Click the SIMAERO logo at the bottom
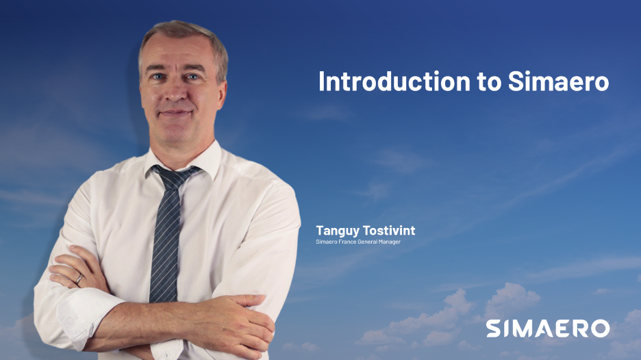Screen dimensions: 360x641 click(548, 328)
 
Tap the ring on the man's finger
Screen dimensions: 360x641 click(79, 279)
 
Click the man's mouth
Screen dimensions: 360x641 click(176, 112)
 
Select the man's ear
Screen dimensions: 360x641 click(223, 82)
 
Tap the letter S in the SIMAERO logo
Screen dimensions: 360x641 click(494, 328)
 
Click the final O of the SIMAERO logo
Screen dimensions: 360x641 click(600, 328)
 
